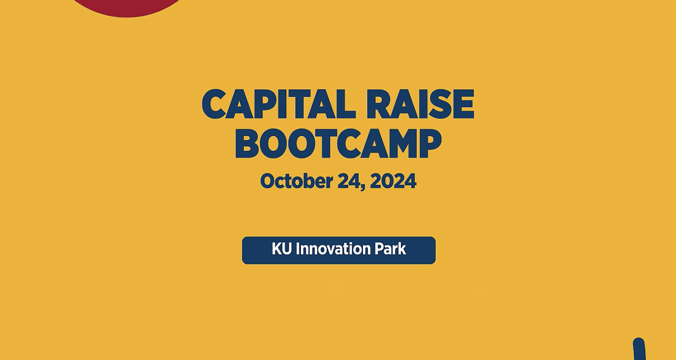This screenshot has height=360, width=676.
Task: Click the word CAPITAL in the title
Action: tap(279, 104)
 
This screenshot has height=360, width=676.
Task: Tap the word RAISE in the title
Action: tap(420, 104)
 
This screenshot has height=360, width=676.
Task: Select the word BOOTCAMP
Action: tap(338, 144)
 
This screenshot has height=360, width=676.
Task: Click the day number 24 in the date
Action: tap(350, 181)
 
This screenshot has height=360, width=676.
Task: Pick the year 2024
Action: tap(393, 181)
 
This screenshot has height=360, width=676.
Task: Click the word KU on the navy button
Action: tap(282, 249)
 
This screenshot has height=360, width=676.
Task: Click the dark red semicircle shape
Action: tap(126, 8)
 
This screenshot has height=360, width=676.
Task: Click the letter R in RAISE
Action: tap(378, 104)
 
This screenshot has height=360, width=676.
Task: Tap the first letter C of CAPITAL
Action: tap(214, 104)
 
